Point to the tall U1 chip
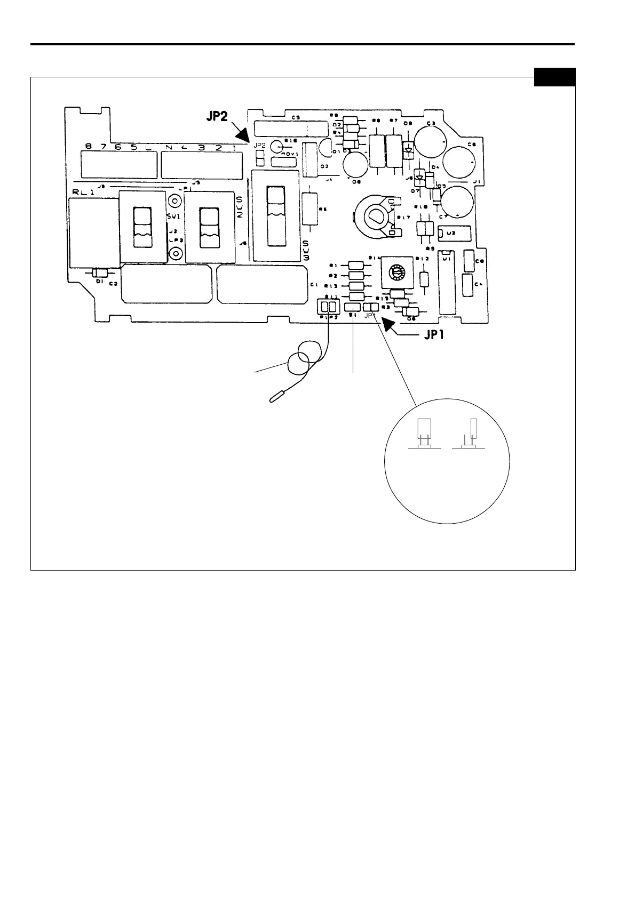[x=447, y=285]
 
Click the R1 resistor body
[x=355, y=265]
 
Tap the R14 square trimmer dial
[x=397, y=272]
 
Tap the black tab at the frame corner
[x=554, y=77]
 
